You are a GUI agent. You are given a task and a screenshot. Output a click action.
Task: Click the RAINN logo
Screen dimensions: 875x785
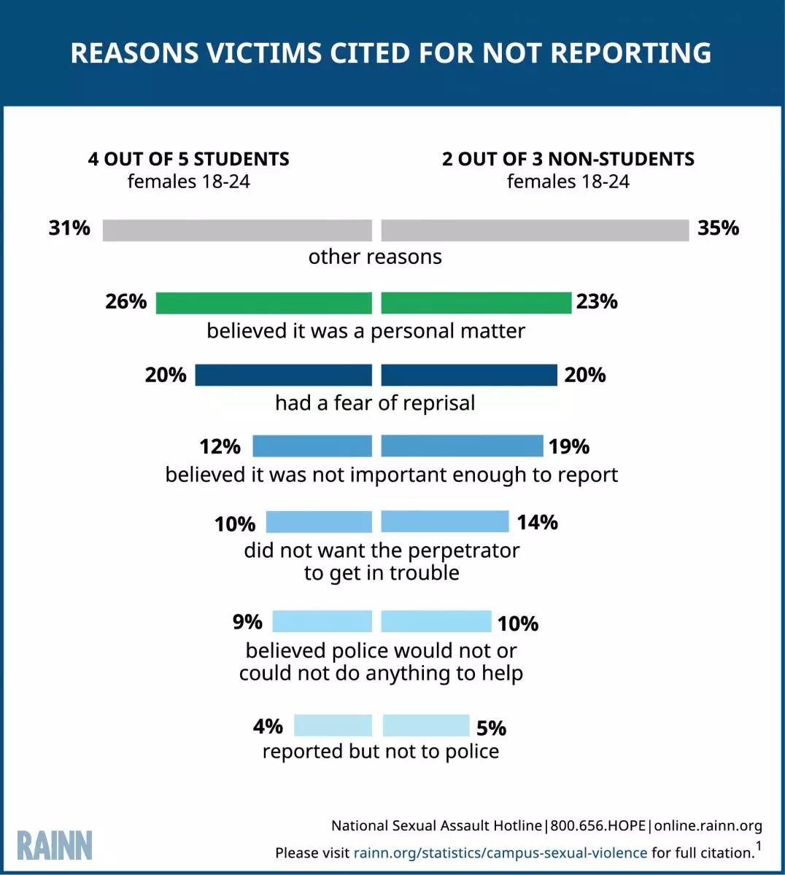point(55,845)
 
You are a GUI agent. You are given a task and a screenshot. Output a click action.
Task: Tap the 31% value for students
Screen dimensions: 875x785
point(69,228)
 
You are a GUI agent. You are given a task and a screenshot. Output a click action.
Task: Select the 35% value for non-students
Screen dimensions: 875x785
point(718,228)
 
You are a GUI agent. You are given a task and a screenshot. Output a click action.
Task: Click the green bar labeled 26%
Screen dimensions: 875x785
point(263,303)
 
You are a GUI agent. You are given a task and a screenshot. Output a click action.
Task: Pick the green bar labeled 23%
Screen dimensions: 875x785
point(476,303)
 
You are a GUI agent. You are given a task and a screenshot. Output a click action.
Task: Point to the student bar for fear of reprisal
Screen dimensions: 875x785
point(283,375)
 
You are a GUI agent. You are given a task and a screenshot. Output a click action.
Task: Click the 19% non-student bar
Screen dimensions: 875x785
point(462,446)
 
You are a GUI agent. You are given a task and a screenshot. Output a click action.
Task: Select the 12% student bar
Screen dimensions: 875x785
point(312,446)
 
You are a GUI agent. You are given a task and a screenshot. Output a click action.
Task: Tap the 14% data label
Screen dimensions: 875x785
point(537,522)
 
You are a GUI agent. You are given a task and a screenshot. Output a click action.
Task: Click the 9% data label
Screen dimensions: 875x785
point(247,622)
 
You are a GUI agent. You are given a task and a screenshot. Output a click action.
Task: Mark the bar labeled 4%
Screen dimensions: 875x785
point(333,726)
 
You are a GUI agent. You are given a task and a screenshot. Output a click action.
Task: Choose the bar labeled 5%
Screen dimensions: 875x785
point(425,726)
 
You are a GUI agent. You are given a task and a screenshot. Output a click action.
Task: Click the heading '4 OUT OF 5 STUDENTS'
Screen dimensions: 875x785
point(188,159)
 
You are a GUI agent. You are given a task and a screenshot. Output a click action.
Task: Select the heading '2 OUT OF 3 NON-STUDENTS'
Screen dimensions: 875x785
point(568,159)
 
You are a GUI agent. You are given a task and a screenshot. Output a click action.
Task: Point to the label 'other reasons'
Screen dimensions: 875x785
point(375,257)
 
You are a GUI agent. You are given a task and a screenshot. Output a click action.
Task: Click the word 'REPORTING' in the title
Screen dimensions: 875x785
point(630,53)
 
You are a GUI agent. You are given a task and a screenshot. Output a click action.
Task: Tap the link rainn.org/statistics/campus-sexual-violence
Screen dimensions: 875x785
point(500,852)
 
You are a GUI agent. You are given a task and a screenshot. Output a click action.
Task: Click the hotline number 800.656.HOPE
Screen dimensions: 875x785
point(598,825)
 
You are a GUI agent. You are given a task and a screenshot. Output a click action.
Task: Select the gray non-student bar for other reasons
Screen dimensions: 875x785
point(535,230)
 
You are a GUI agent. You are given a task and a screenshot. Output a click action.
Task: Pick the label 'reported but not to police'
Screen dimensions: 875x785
point(381,751)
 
